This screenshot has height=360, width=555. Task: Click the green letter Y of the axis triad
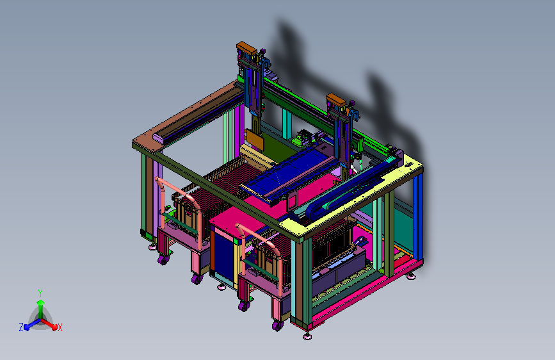pos(40,293)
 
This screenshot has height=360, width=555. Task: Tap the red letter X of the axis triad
pos(60,327)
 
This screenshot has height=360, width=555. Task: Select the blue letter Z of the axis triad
pos(21,327)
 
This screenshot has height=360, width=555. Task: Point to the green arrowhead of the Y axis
pos(41,303)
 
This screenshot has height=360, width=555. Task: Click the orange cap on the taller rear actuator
pos(246,48)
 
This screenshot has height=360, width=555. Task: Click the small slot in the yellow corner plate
pos(408,165)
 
